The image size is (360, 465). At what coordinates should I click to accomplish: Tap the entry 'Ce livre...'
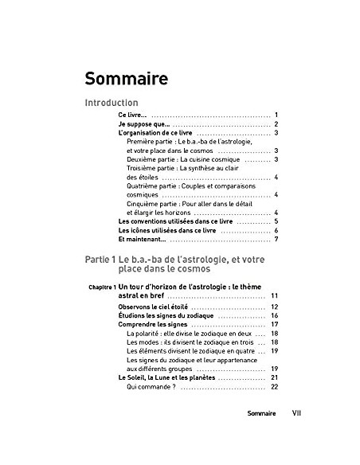[131, 115]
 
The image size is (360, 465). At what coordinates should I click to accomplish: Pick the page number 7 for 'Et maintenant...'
[275, 240]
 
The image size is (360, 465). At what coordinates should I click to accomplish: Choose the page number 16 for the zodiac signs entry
[273, 316]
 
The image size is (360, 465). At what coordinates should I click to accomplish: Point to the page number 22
[273, 387]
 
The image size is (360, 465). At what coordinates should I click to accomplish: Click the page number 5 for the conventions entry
[275, 221]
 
